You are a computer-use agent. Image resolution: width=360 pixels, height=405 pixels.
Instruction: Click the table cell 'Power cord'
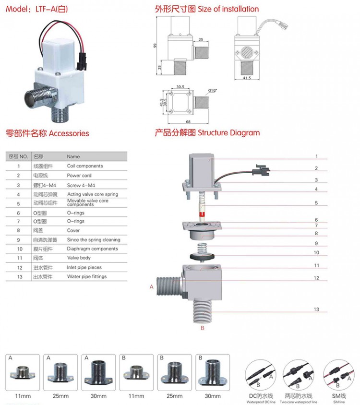[x=79, y=176]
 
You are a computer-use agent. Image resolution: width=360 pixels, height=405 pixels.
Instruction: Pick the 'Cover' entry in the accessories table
[x=73, y=230]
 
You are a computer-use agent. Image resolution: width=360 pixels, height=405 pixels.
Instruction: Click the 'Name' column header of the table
[x=73, y=157]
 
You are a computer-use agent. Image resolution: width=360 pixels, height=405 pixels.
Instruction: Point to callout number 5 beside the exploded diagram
[x=316, y=203]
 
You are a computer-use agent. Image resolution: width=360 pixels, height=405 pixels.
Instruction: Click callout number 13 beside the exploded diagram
[x=316, y=310]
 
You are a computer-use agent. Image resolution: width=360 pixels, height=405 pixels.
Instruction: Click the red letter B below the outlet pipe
[x=202, y=329]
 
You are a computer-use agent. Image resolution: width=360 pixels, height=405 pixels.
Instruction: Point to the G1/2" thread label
[x=214, y=89]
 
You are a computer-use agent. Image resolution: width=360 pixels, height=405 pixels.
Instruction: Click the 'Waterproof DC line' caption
[x=262, y=402]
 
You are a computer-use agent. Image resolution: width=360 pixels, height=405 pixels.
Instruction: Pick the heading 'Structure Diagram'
[x=229, y=133]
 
